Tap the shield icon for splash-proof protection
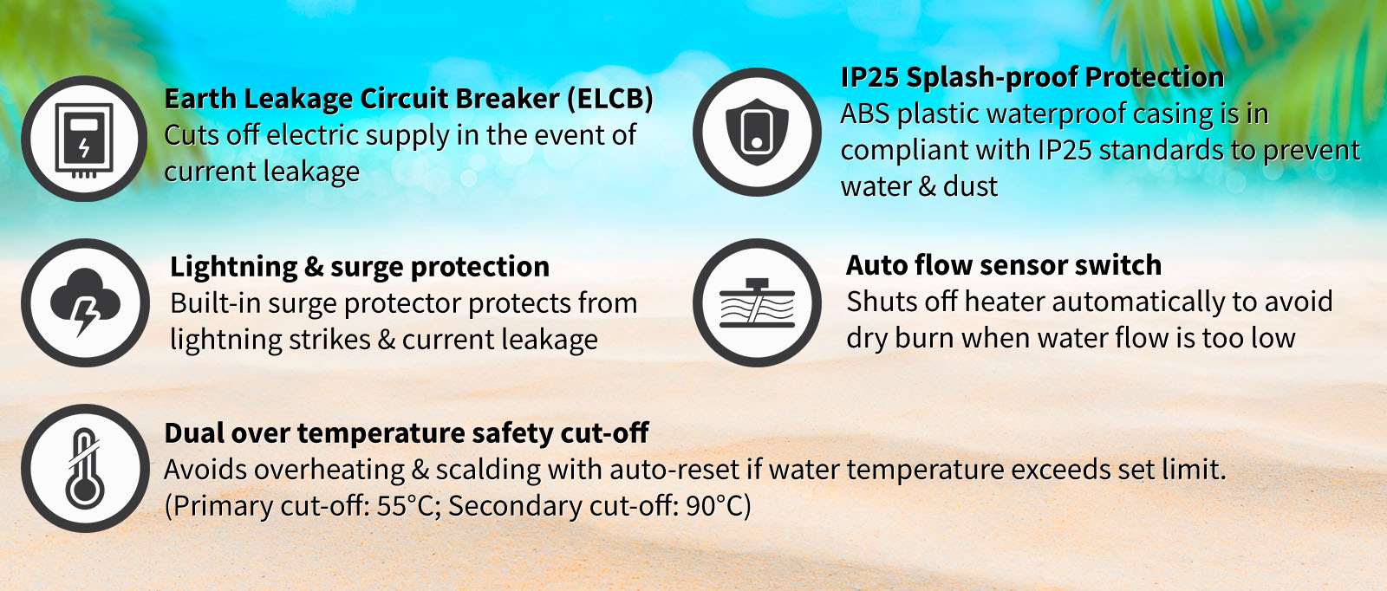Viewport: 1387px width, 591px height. point(757,132)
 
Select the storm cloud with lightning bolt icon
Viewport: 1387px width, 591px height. point(86,302)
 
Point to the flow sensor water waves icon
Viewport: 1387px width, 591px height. point(757,303)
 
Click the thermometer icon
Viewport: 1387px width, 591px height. point(84,469)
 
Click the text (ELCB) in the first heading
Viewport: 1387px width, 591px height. point(610,99)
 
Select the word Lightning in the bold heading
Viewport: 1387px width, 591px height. point(233,268)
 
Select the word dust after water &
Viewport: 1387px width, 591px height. point(970,186)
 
